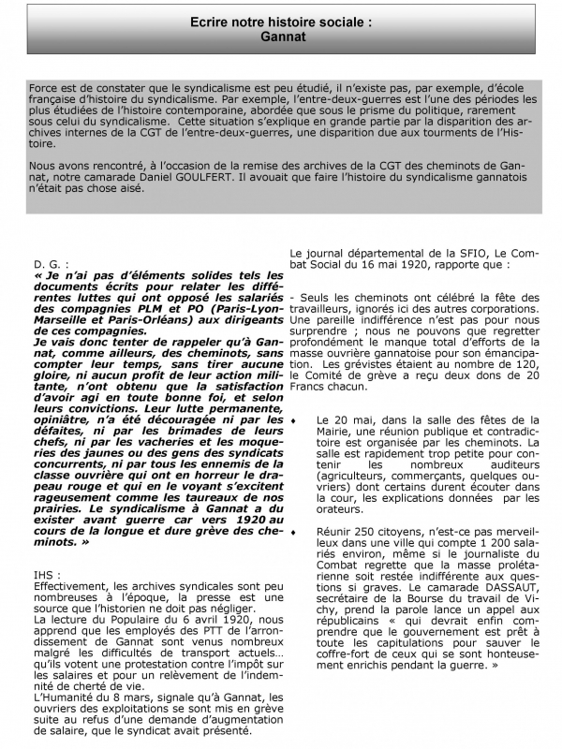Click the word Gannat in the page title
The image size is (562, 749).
(x=280, y=39)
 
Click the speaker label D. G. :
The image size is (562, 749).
(x=48, y=265)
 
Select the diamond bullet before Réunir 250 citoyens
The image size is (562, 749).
(x=294, y=531)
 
